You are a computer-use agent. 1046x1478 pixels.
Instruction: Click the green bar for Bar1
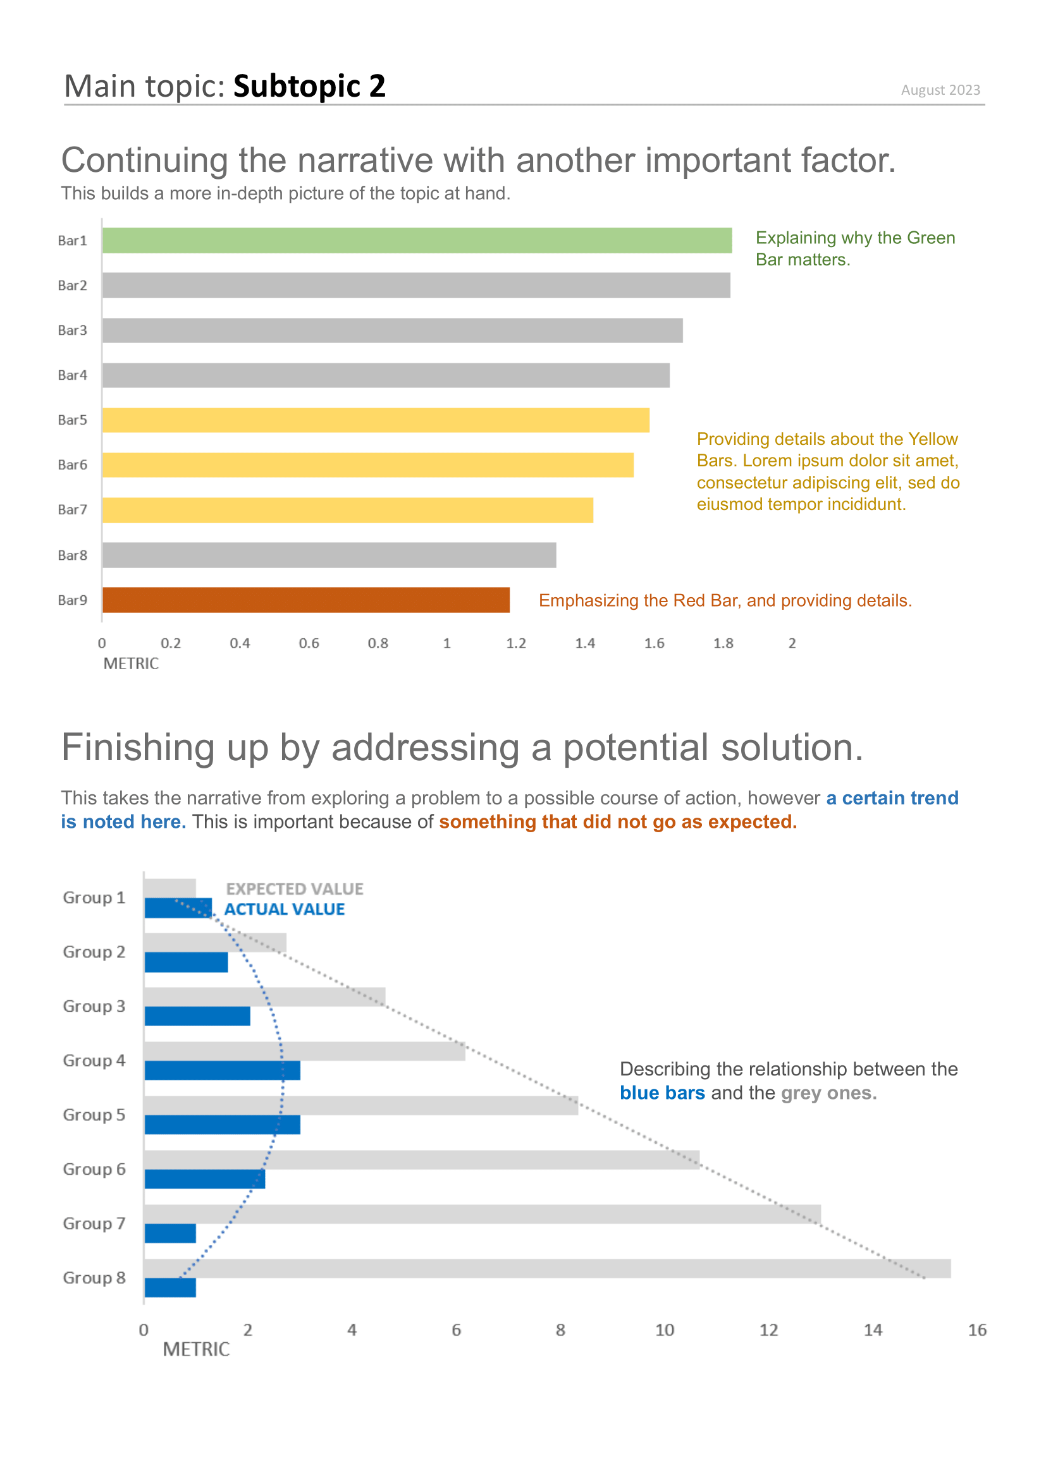(417, 240)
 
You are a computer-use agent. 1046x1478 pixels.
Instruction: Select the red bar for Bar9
(306, 599)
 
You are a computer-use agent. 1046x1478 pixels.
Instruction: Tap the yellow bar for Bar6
(368, 465)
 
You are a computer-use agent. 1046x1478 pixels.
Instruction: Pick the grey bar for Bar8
(329, 555)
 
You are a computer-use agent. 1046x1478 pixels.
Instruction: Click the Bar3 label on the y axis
(72, 330)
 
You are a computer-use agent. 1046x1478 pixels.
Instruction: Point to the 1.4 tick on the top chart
(585, 643)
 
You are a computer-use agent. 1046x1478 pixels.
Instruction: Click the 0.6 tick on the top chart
(309, 643)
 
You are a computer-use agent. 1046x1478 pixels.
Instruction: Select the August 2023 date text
(940, 90)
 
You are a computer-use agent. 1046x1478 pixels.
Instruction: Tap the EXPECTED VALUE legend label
(294, 889)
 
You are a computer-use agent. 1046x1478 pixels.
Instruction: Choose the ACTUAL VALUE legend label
(284, 909)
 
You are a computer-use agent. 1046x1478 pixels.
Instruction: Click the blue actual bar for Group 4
(222, 1070)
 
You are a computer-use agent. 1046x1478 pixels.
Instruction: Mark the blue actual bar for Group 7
(170, 1233)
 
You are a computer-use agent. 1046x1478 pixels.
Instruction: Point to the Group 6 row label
(94, 1169)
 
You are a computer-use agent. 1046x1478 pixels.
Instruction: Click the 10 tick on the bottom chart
(664, 1330)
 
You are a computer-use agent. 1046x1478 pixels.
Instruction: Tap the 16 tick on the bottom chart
(976, 1330)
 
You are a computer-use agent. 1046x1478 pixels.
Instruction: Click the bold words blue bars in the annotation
(662, 1093)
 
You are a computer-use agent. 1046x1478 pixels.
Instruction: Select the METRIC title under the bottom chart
(196, 1349)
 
